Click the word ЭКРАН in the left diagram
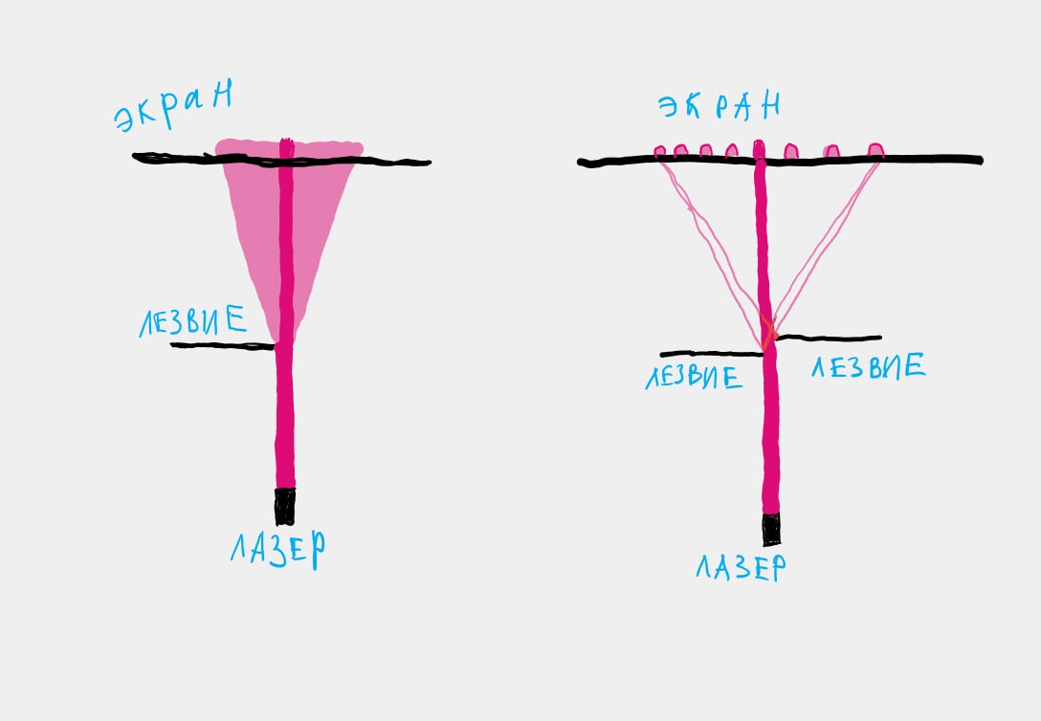coord(174,106)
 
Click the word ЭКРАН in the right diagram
coord(719,106)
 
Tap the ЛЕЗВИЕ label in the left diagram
coord(192,321)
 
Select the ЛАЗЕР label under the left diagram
coord(278,549)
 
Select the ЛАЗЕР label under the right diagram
coord(741,568)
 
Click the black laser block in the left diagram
coord(285,506)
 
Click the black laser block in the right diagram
coord(771,529)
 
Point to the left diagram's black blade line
coord(222,345)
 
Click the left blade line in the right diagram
coord(712,354)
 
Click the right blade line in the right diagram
coord(830,339)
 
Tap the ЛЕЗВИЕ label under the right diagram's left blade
coord(694,378)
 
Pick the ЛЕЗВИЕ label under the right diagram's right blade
coord(869,366)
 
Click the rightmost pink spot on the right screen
coord(875,150)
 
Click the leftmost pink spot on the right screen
coord(659,153)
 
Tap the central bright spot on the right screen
coord(759,148)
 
